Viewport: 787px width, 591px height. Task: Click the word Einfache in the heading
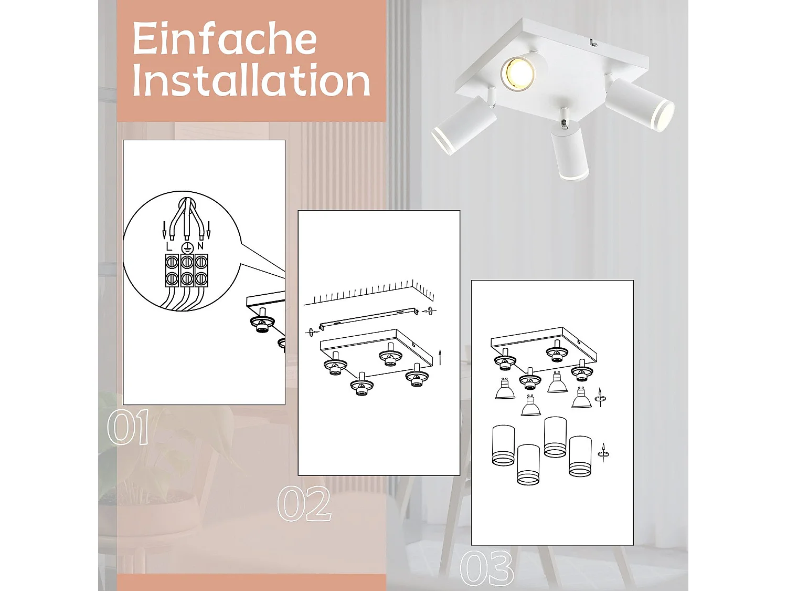point(225,39)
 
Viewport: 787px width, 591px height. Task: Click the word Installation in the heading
point(251,80)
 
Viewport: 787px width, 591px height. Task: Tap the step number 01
point(127,428)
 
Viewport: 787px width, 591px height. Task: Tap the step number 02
point(304,504)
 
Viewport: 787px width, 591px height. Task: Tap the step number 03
point(486,568)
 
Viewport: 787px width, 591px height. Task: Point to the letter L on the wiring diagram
point(168,246)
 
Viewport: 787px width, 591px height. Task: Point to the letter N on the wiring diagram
point(200,246)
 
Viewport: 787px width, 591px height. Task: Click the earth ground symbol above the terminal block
point(187,247)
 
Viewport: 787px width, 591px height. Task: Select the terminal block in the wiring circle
point(186,270)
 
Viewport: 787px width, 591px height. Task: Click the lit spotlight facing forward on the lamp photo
point(518,73)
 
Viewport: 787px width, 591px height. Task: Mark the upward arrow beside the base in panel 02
point(440,357)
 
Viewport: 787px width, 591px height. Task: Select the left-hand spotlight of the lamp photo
point(463,126)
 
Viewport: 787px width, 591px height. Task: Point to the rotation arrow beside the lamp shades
point(603,452)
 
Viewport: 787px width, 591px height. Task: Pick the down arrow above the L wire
point(164,230)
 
